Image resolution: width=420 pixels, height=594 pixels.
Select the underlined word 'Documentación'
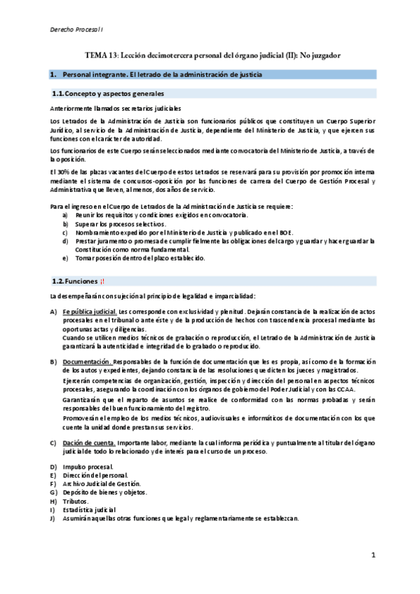tap(86, 361)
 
